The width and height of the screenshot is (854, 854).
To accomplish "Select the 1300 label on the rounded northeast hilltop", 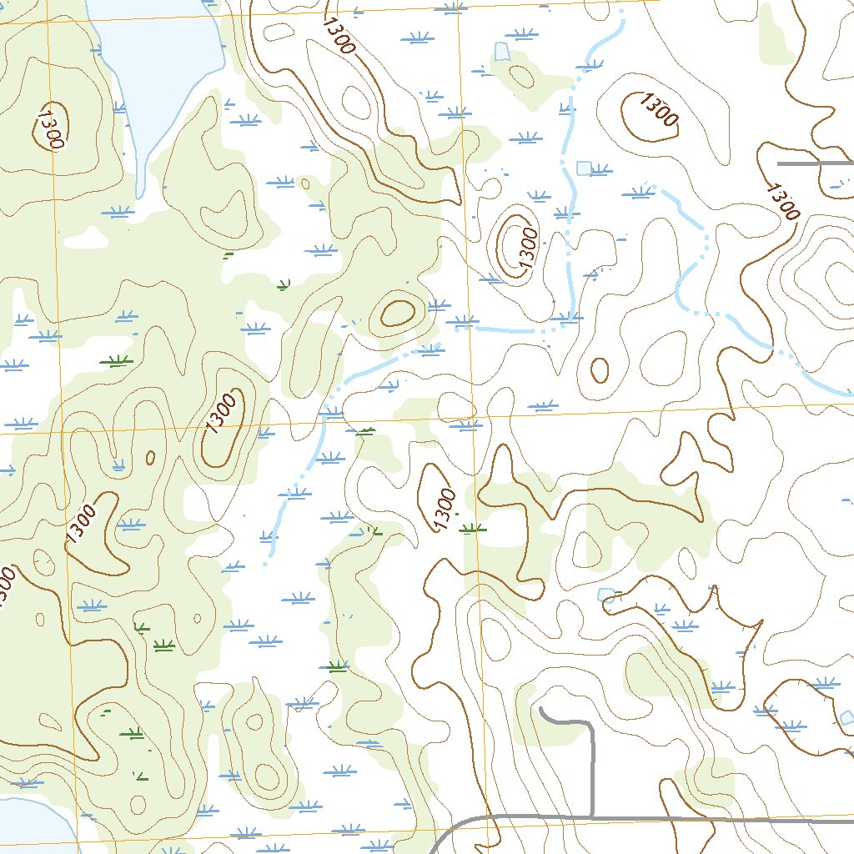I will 659,110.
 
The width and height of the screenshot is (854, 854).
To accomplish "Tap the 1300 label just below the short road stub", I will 782,200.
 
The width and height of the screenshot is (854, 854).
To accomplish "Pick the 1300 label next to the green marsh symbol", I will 445,509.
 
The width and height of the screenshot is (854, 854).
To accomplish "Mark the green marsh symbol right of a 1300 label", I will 472,527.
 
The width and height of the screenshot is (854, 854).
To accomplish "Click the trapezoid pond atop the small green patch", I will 501,52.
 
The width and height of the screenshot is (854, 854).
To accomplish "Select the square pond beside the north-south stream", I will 584,168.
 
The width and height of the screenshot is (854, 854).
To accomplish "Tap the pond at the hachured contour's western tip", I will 606,595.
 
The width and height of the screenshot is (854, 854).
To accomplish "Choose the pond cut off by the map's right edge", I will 847,716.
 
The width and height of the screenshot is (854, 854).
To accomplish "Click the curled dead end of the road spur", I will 543,711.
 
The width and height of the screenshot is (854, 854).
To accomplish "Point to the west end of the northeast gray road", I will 780,163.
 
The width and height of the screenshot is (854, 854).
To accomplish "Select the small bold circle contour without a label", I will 599,369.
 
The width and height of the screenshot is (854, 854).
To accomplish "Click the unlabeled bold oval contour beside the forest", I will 397,314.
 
